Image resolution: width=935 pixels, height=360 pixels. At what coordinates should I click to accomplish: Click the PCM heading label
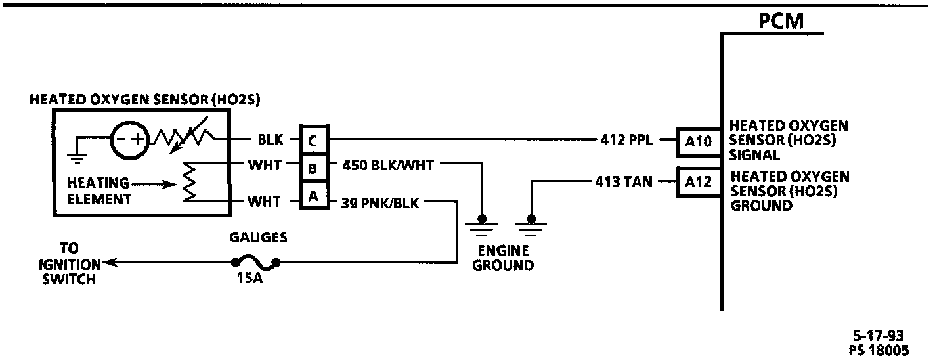click(781, 21)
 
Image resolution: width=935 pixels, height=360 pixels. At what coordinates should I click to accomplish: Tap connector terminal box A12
click(698, 183)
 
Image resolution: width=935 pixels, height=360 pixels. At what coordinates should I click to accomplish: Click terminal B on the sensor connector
click(313, 168)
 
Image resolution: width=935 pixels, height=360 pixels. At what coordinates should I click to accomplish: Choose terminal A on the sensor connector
click(313, 195)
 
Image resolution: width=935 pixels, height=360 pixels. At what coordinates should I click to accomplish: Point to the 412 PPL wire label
click(626, 139)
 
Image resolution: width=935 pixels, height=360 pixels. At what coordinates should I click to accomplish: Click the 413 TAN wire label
click(623, 183)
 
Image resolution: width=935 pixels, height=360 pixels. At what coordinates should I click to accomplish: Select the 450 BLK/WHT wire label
click(388, 166)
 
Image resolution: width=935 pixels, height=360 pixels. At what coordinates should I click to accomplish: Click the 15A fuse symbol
click(255, 263)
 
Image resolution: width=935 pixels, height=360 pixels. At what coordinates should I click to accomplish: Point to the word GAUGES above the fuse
click(257, 237)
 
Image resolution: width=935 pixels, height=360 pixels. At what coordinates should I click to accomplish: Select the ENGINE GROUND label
click(503, 258)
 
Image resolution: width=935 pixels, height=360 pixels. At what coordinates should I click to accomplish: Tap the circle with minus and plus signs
click(129, 139)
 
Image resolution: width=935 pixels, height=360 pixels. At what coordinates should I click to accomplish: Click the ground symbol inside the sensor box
click(77, 156)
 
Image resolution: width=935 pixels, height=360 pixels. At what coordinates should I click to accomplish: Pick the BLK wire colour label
click(270, 139)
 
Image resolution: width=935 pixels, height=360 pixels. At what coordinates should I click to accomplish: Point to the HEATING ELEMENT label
click(99, 191)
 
